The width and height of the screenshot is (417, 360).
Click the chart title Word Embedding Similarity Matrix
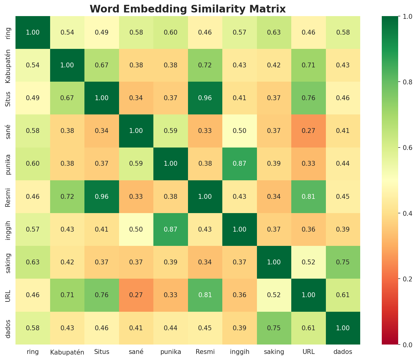point(188,9)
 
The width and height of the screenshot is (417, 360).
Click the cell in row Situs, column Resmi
point(205,98)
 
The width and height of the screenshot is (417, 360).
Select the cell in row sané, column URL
point(309,131)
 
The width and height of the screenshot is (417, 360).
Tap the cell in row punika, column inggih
point(240,164)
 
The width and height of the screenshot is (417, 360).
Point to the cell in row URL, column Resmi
point(205,295)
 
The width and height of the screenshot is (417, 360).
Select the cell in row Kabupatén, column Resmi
point(205,65)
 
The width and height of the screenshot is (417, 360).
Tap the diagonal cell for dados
point(343,328)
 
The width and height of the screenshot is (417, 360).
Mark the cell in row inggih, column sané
point(136,229)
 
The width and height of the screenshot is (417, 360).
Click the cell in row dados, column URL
point(309,328)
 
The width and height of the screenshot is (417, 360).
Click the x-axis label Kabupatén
point(67,352)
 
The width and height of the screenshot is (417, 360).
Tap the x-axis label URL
point(309,352)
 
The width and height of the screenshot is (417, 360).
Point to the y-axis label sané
point(9,131)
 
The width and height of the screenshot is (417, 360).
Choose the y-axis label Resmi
point(9,196)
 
